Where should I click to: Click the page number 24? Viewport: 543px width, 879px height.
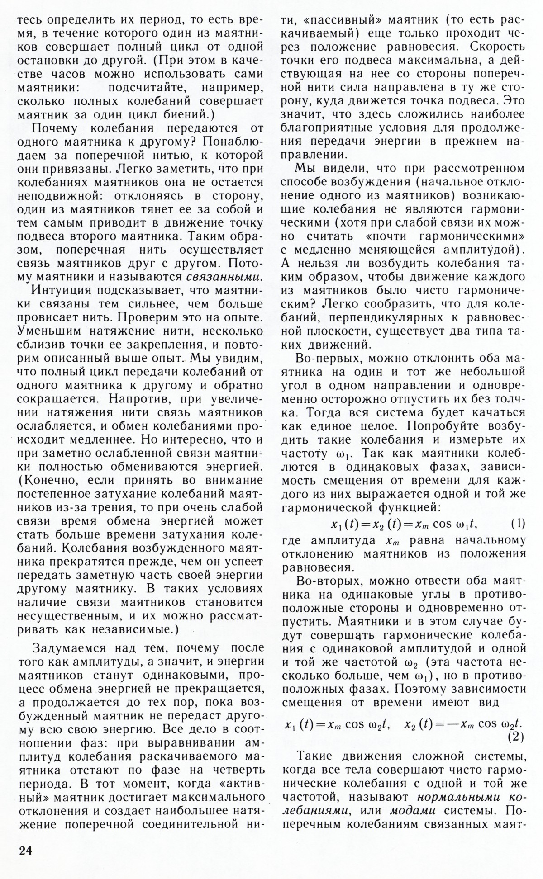26,850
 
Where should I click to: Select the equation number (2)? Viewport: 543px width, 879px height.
514,737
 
